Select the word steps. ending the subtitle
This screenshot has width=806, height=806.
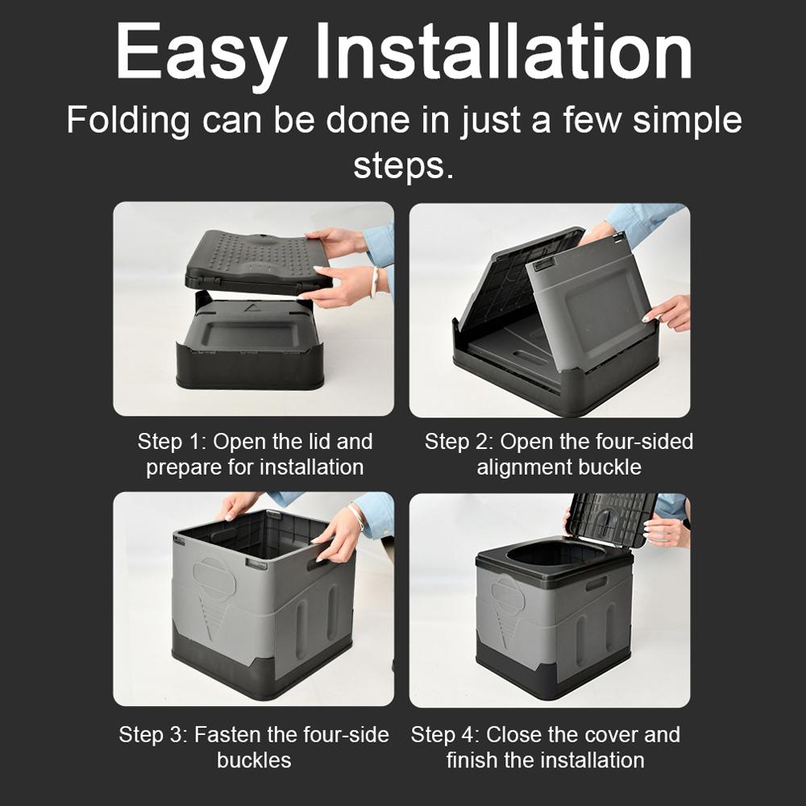403,166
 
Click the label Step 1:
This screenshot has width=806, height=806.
172,442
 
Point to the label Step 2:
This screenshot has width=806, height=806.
459,442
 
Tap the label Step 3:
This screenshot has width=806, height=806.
154,735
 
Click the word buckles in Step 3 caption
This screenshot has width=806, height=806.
254,760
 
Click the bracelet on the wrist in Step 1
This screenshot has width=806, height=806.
374,282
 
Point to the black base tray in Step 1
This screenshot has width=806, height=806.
250,347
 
